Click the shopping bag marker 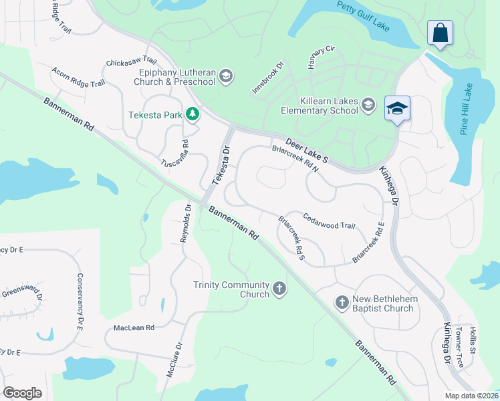440,33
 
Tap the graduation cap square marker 397,108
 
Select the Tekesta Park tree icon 193,115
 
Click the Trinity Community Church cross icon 279,289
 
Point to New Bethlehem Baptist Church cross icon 342,303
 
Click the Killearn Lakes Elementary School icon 368,106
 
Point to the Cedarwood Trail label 329,221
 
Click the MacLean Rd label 134,328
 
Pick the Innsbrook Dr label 269,78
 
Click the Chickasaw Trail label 131,62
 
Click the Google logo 22,392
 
